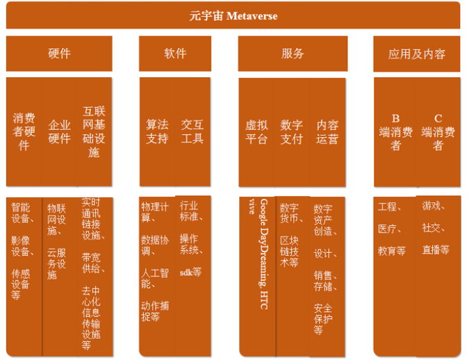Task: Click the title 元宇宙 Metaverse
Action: click(x=233, y=16)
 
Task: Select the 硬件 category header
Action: click(x=59, y=54)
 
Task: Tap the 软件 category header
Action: click(x=175, y=54)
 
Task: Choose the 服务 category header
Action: click(x=293, y=54)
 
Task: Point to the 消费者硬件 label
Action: click(x=24, y=131)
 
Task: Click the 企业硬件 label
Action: click(x=59, y=131)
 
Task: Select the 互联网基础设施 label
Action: click(x=95, y=131)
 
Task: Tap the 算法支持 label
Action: click(x=157, y=131)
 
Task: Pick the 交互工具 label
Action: click(x=192, y=131)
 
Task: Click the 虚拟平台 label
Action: click(x=256, y=131)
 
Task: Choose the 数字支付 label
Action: click(x=292, y=131)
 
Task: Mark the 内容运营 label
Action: click(x=327, y=131)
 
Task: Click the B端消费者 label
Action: click(x=395, y=131)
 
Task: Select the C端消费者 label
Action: click(x=438, y=131)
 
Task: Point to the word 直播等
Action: click(x=435, y=249)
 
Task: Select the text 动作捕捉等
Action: click(x=154, y=311)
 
